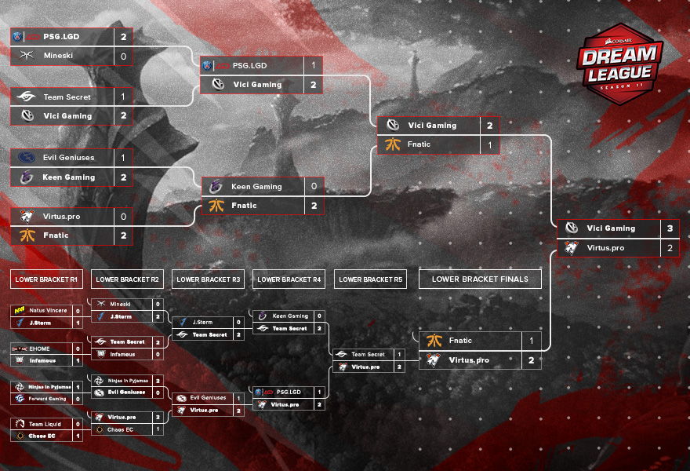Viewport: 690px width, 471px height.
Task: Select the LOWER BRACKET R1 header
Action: [x=46, y=279]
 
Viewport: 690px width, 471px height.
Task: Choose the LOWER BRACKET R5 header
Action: [x=371, y=279]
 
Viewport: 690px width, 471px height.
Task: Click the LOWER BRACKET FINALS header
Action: [x=480, y=279]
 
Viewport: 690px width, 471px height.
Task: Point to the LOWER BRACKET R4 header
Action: [x=289, y=279]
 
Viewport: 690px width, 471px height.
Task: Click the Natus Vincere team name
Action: [x=49, y=311]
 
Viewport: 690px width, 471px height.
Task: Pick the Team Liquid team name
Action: [x=45, y=424]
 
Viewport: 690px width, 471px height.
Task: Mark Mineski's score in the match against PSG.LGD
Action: [x=123, y=57]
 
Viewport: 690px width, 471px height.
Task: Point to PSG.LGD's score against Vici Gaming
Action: [x=314, y=66]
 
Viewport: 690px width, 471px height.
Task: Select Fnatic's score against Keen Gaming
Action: [x=314, y=206]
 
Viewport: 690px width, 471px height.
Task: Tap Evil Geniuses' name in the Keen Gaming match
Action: [x=68, y=158]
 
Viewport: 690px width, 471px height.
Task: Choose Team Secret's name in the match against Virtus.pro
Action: [x=368, y=355]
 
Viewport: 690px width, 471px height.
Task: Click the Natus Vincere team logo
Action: [x=20, y=311]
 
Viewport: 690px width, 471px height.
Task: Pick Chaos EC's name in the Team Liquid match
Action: [x=42, y=436]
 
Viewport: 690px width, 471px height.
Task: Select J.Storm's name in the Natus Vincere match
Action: [x=40, y=323]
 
